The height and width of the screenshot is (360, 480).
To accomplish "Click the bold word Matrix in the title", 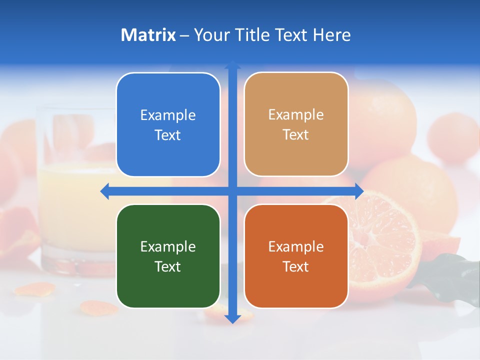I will tap(148, 35).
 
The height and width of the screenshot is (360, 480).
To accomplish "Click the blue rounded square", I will tap(168, 124).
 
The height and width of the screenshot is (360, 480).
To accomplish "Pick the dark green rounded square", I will tap(168, 256).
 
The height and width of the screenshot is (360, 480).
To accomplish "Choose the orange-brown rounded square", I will tap(296, 256).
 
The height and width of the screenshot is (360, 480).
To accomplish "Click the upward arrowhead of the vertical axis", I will tap(232, 64).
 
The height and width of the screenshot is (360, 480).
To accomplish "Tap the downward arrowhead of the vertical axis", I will tap(232, 318).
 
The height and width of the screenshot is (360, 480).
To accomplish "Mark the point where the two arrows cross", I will tap(232, 191).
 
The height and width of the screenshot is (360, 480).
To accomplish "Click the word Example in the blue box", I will tap(168, 115).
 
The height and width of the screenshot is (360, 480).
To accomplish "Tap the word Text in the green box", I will tap(168, 266).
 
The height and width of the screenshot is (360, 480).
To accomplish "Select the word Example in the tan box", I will tap(296, 114).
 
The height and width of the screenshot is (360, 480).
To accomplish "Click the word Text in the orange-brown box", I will tap(296, 266).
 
